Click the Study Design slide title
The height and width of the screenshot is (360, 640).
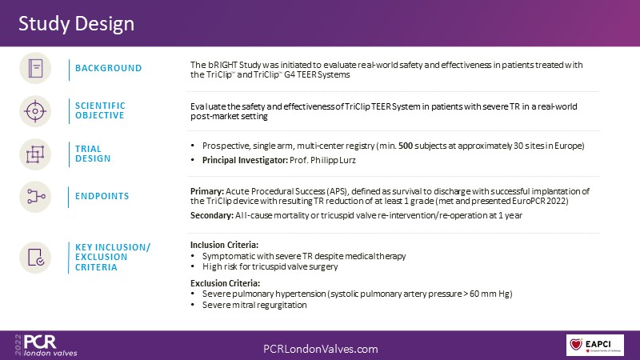pyautogui.click(x=76, y=24)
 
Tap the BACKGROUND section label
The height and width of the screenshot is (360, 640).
pyautogui.click(x=108, y=68)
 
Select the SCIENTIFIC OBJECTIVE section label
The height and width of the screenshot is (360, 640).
pyautogui.click(x=100, y=110)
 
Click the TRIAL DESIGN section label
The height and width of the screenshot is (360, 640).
pyautogui.click(x=93, y=154)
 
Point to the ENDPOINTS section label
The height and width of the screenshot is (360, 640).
pyautogui.click(x=102, y=196)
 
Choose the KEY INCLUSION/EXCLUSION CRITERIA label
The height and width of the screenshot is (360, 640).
pyautogui.click(x=113, y=257)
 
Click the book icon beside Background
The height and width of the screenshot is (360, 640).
pyautogui.click(x=35, y=68)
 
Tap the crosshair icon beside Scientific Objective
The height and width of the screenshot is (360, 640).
pyautogui.click(x=35, y=111)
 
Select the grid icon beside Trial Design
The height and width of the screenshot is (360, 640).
pyautogui.click(x=35, y=154)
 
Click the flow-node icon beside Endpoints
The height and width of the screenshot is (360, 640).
pyautogui.click(x=35, y=197)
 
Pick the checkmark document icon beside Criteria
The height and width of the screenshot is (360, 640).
pyautogui.click(x=35, y=258)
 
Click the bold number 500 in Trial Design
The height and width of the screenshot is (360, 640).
pyautogui.click(x=406, y=146)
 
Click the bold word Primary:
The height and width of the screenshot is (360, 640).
pyautogui.click(x=207, y=191)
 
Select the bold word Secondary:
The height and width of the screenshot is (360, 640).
pyautogui.click(x=212, y=215)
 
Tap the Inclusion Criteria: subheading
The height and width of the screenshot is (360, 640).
pyautogui.click(x=224, y=245)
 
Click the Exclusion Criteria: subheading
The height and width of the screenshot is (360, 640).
pyautogui.click(x=225, y=283)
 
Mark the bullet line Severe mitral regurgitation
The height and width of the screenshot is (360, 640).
pyautogui.click(x=254, y=305)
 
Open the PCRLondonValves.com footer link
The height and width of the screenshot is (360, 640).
pyautogui.click(x=321, y=349)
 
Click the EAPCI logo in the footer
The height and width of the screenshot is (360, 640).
pyautogui.click(x=594, y=345)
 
